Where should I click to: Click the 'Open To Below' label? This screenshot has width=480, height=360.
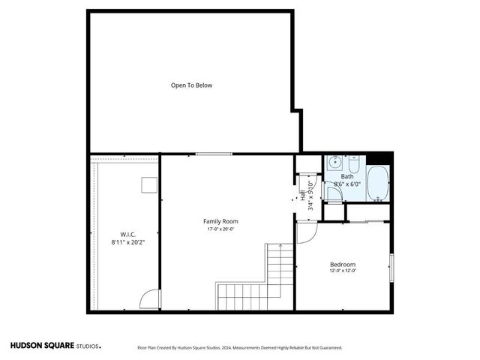[191, 85]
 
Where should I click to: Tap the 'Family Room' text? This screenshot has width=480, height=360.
[220, 221]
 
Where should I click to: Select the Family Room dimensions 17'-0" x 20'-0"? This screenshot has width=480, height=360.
[220, 229]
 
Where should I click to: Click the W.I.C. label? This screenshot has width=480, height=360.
[127, 234]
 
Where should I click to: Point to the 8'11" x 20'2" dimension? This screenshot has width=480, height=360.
[127, 242]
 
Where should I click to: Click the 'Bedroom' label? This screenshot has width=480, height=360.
[343, 264]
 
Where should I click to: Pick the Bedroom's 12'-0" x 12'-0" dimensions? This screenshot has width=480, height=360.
[343, 271]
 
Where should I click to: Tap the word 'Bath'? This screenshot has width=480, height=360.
[347, 176]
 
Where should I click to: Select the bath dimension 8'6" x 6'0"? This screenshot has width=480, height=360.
[347, 184]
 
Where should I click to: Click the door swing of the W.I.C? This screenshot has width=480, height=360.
[151, 299]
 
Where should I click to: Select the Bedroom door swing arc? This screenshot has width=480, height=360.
[305, 232]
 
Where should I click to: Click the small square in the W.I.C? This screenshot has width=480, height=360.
[148, 184]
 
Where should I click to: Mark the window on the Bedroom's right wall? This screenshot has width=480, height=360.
[391, 267]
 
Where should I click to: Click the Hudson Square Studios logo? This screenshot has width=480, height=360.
[55, 346]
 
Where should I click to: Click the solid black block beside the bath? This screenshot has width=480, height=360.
[384, 157]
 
